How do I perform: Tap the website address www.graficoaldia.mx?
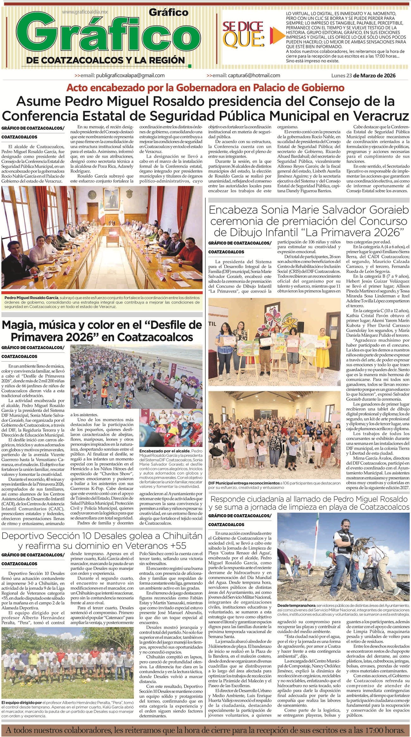pyautogui.click(x=85, y=12)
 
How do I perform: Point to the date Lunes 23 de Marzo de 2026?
pyautogui.click(x=363, y=76)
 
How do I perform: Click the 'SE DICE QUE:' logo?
pyautogui.click(x=244, y=33)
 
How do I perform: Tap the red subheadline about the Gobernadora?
pyautogui.click(x=205, y=87)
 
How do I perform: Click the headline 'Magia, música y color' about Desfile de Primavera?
pyautogui.click(x=102, y=330)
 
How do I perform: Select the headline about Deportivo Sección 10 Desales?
pyautogui.click(x=102, y=540)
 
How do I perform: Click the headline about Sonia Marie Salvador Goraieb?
pyautogui.click(x=309, y=221)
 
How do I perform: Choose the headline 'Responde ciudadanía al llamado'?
pyautogui.click(x=309, y=503)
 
